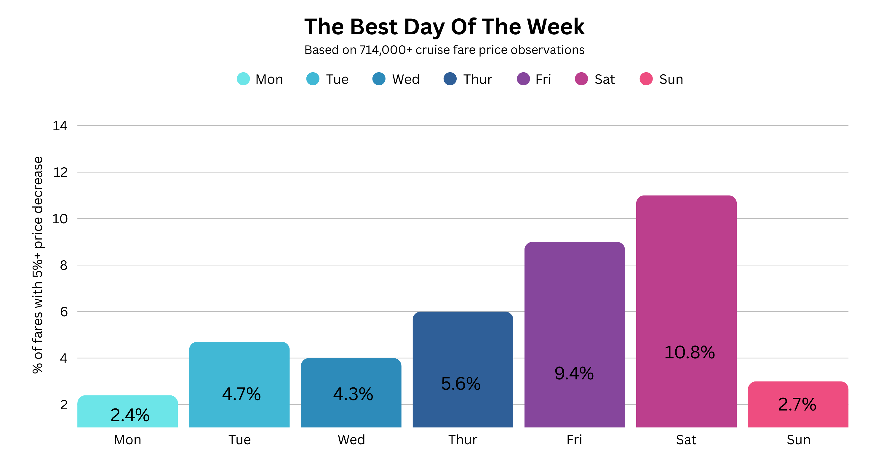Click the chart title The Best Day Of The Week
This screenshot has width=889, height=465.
[444, 27]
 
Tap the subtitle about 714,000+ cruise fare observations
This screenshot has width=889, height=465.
[444, 50]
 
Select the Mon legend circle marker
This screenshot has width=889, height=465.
[243, 79]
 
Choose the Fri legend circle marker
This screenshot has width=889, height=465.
[523, 79]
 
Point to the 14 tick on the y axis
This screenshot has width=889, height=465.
[60, 126]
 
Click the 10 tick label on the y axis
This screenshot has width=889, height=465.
[60, 219]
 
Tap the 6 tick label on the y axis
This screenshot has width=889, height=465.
[64, 312]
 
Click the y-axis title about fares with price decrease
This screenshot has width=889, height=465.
[38, 264]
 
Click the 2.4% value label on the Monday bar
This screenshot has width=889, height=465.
[130, 415]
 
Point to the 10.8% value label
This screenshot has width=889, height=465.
[689, 352]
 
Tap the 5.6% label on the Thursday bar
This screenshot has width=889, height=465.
[461, 384]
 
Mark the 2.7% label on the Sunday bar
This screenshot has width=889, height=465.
[797, 405]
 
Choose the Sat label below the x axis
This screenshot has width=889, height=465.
[686, 440]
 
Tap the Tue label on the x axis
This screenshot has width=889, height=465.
[239, 440]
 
